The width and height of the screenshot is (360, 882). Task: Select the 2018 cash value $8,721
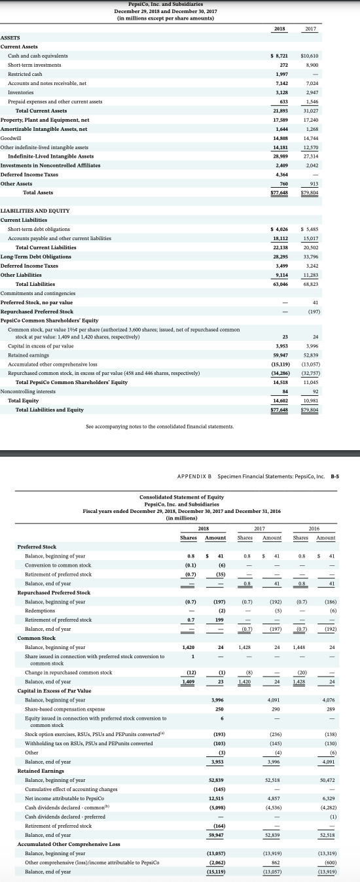[279, 56]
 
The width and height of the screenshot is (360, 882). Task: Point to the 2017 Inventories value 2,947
[311, 93]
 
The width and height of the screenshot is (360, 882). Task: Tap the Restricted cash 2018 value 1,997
[281, 75]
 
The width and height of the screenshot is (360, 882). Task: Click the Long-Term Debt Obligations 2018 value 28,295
[280, 256]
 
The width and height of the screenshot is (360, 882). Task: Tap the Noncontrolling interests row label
[29, 391]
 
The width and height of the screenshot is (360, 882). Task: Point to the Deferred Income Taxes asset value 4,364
[281, 174]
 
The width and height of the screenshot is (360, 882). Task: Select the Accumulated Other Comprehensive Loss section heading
[69, 844]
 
